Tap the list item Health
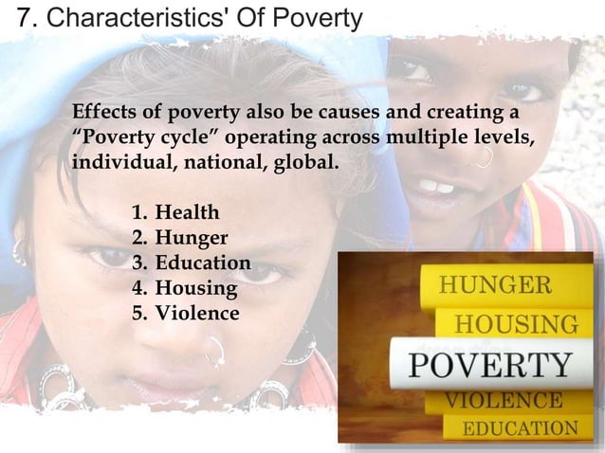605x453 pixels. click(187, 211)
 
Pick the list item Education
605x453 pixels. click(203, 263)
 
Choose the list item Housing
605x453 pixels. click(195, 288)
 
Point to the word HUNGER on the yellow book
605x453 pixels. click(494, 285)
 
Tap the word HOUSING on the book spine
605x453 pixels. click(517, 324)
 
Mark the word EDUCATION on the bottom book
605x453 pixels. click(520, 428)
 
